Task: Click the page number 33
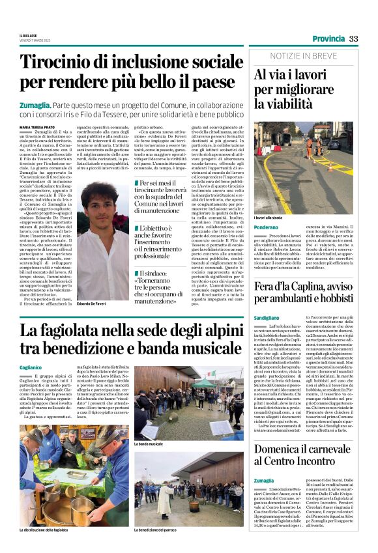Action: tap(353, 38)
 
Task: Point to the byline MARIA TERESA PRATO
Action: tap(38, 127)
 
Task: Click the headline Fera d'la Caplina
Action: tap(304, 296)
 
